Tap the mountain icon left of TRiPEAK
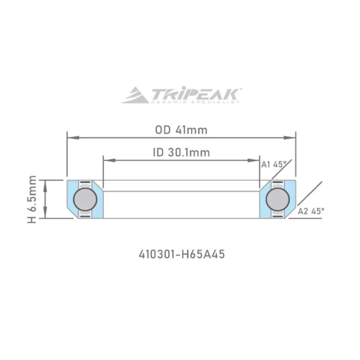(135, 95)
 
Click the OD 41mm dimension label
(181, 130)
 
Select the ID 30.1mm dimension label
(181, 152)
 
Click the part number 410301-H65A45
(181, 254)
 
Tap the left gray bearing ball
(85, 199)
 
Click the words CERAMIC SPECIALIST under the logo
(195, 103)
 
